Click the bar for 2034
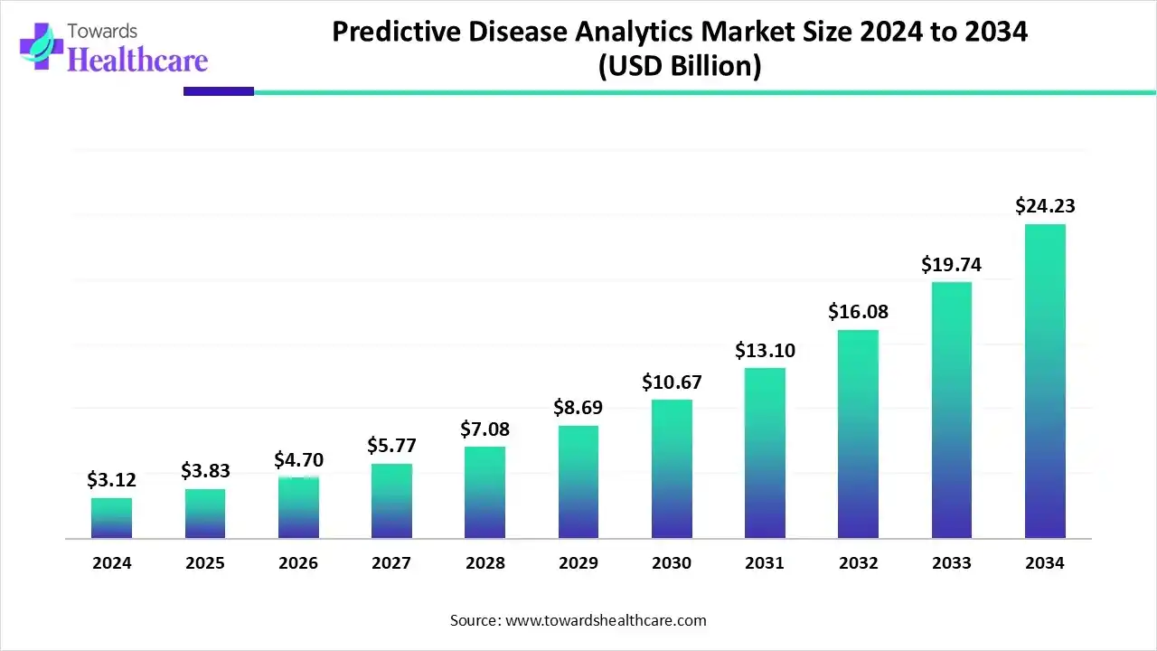1045,381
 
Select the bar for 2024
111,518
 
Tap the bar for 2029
578,482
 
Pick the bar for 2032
858,434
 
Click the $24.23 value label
1045,206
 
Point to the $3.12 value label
111,480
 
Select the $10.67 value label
672,382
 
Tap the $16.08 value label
858,312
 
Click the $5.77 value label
391,445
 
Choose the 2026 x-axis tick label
298,562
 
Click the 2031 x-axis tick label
765,562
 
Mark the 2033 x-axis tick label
952,562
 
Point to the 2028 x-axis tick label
485,562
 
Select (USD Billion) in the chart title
679,66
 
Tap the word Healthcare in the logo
137,60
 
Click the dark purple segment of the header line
218,91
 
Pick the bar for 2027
391,501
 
